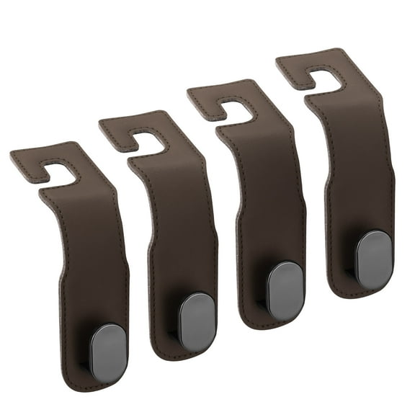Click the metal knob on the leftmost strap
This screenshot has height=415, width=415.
[109, 352]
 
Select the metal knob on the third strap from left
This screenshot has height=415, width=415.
[286, 290]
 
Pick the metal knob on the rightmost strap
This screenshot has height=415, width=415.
[375, 259]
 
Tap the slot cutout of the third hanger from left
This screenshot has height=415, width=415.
[236, 110]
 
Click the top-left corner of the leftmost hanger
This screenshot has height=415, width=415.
[12, 153]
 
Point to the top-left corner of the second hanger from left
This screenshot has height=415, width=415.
[101, 121]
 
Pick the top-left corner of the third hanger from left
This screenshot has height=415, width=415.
[189, 90]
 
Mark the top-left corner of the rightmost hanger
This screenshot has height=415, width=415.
[278, 59]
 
